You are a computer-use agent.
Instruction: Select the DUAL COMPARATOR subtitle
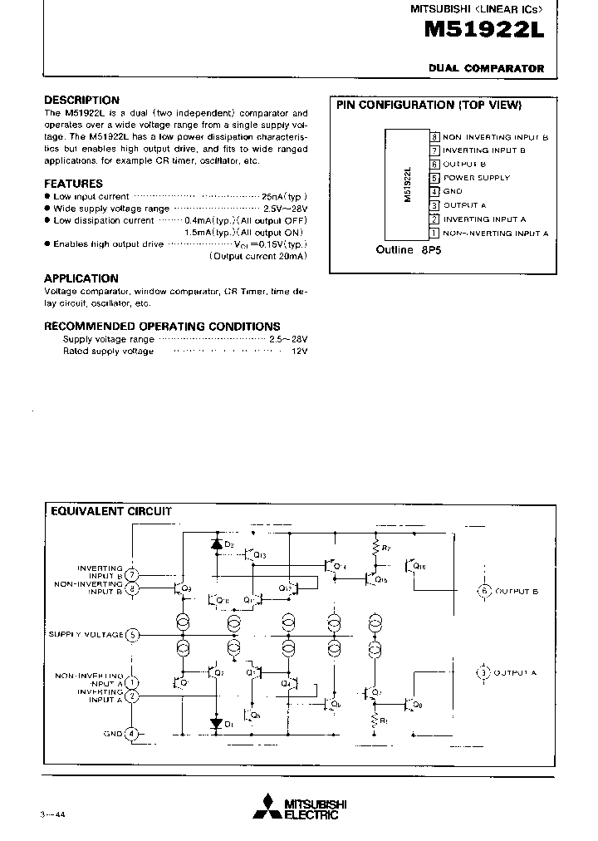coord(487,69)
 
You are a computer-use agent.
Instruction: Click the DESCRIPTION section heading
coord(81,100)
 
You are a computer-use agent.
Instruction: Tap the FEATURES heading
coord(73,184)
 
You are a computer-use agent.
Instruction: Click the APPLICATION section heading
coord(81,278)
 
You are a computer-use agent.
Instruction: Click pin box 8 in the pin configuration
coord(434,136)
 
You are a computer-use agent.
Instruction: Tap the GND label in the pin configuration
coord(453,191)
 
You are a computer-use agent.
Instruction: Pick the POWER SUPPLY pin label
coord(477,178)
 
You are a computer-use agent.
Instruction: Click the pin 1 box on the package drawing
coord(434,234)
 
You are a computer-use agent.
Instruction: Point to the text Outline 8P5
coord(408,249)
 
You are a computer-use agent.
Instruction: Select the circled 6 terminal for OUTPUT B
coord(484,591)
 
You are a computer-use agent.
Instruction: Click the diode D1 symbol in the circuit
coord(218,724)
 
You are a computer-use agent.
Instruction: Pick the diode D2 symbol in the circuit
coord(218,544)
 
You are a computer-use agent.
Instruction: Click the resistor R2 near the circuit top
coord(376,549)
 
